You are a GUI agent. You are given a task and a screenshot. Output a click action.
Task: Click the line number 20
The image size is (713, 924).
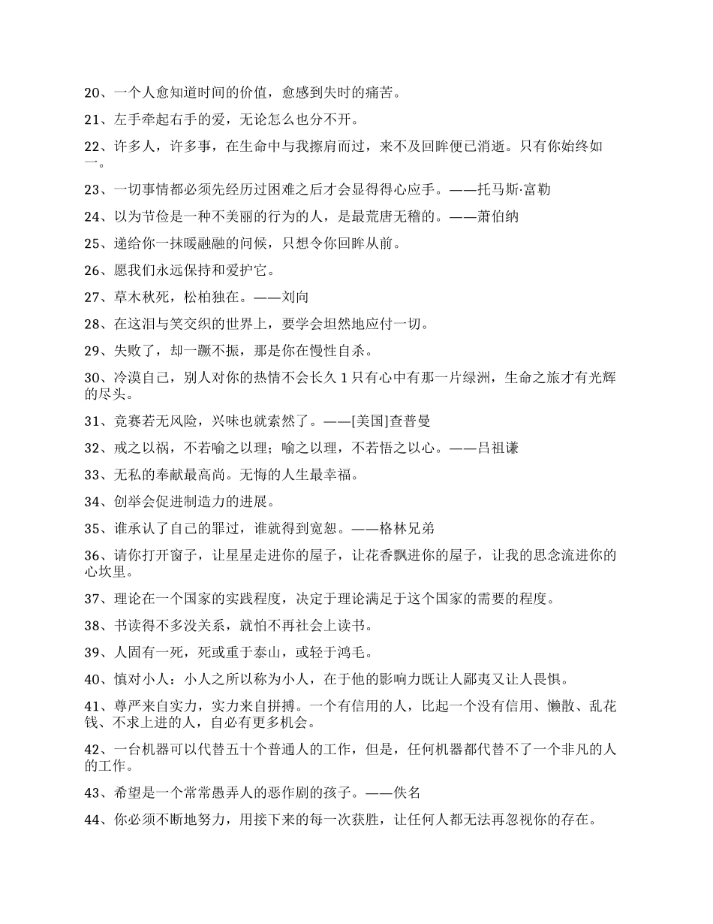(92, 93)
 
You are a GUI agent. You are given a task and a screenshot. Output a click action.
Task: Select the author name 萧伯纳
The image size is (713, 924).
(498, 216)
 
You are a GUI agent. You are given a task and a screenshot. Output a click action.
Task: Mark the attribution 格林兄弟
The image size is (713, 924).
(407, 528)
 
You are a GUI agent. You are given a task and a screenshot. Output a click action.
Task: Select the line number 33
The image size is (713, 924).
(92, 475)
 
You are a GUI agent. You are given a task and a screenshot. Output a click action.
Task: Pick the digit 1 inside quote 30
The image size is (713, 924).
(343, 379)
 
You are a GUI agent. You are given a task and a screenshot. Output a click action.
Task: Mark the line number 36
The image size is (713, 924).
(92, 555)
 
